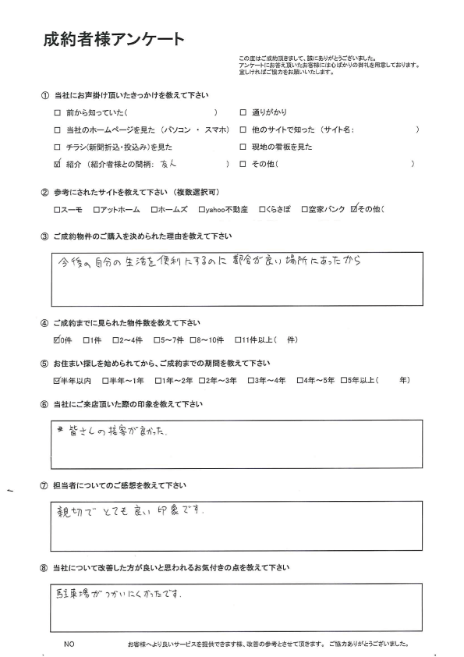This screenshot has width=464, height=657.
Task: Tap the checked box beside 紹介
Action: coord(57,164)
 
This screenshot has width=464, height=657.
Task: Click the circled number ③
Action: coord(44,236)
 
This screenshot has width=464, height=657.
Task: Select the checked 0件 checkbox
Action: coord(56,339)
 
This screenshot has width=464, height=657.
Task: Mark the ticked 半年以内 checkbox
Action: coord(56,381)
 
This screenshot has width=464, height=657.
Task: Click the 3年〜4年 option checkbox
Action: coord(250,382)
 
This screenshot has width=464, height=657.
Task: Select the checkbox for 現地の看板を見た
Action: coord(243,147)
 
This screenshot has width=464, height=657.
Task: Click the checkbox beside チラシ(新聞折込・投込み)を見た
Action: coord(57,147)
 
